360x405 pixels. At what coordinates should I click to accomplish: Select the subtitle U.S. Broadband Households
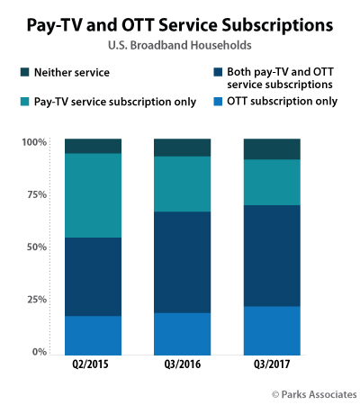(180, 41)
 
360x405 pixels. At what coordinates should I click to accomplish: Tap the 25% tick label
(35, 300)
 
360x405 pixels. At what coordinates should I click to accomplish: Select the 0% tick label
(39, 352)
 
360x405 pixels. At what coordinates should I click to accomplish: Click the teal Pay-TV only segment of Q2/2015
(94, 195)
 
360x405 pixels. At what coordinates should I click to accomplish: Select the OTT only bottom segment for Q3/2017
(271, 331)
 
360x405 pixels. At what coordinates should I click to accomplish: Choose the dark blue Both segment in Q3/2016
(183, 262)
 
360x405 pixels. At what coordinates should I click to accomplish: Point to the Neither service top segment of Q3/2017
(271, 149)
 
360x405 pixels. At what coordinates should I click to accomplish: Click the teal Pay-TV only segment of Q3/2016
(183, 184)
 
